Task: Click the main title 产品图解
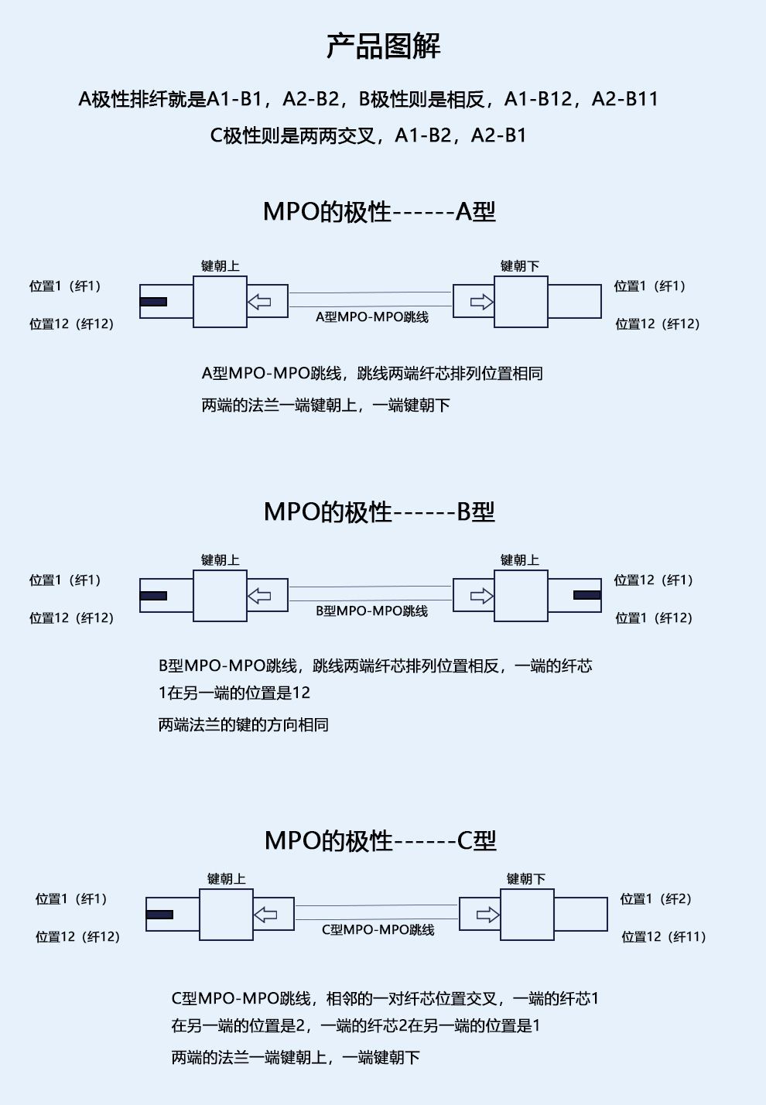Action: point(383,46)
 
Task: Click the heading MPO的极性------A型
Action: point(379,211)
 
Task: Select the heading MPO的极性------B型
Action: point(379,511)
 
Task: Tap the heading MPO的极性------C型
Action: point(380,840)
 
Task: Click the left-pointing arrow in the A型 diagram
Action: point(259,302)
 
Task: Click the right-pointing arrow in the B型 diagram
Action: point(481,596)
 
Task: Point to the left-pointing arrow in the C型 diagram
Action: point(265,915)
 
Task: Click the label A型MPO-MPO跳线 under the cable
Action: point(372,317)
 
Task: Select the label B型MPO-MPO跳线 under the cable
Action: point(372,611)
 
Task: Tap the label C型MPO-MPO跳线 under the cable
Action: point(378,930)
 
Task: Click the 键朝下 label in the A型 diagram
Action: point(519,266)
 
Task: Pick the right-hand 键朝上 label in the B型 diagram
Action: point(519,560)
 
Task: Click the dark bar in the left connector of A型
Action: point(153,302)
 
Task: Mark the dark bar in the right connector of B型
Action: point(587,595)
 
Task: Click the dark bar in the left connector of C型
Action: point(159,915)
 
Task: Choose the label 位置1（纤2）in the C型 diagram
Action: point(656,899)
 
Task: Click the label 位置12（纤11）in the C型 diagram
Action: point(664,937)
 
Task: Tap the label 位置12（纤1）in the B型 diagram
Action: point(654,580)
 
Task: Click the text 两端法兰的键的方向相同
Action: point(244,725)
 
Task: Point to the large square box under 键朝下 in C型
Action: point(527,915)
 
